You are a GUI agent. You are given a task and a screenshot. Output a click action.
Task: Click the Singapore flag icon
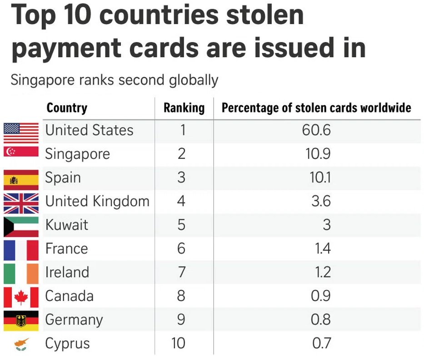(x=21, y=152)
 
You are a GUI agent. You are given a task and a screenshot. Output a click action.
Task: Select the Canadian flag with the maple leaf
(x=21, y=297)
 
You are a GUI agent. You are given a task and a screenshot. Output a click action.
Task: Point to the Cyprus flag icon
(x=21, y=344)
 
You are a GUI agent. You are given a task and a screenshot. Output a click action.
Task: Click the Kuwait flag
(x=21, y=227)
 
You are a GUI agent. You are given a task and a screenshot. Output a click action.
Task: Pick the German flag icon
(x=21, y=321)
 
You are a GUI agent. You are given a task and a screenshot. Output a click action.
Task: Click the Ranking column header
(x=184, y=108)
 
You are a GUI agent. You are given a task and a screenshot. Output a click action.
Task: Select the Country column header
(x=67, y=108)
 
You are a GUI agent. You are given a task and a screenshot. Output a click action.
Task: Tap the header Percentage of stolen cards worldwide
(x=316, y=108)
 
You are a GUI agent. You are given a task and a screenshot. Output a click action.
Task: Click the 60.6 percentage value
(x=316, y=130)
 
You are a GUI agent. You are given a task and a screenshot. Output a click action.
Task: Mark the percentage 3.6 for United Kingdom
(x=321, y=201)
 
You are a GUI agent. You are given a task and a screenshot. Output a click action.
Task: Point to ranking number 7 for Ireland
(x=181, y=272)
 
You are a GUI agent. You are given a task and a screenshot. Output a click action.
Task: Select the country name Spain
(x=63, y=178)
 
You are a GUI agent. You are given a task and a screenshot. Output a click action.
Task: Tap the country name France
(x=66, y=249)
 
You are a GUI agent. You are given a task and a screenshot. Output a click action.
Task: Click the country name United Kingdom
(x=97, y=201)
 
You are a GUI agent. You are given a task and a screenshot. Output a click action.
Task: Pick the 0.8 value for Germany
(x=321, y=320)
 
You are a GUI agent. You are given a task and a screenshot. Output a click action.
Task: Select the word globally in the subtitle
(x=194, y=80)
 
